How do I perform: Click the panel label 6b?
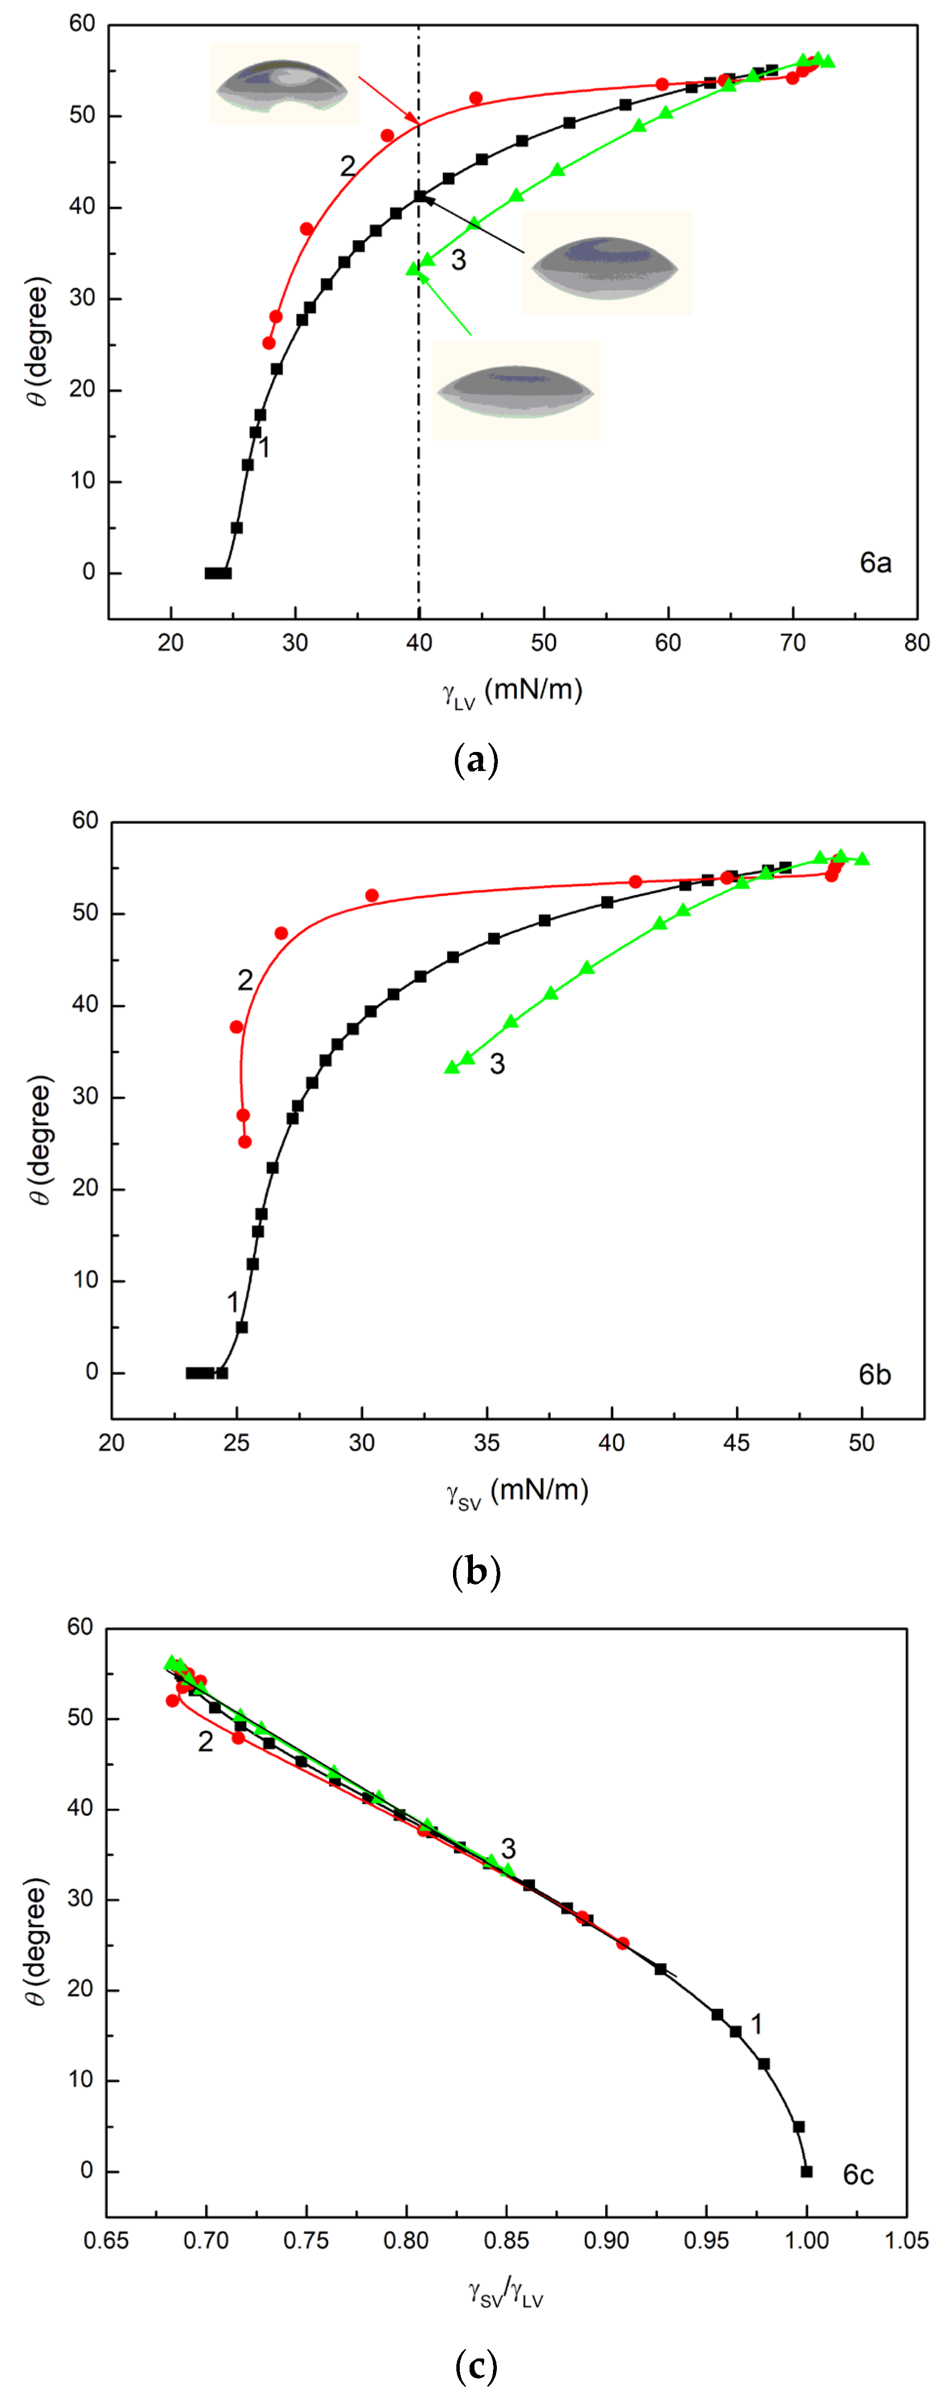pyautogui.click(x=874, y=1374)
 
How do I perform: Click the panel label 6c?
pyautogui.click(x=858, y=2174)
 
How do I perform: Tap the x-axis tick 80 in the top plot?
pyautogui.click(x=916, y=643)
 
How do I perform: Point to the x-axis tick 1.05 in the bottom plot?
pyautogui.click(x=906, y=2241)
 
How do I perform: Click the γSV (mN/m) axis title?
pyautogui.click(x=517, y=1491)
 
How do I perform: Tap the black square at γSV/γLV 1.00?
pyautogui.click(x=806, y=2171)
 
